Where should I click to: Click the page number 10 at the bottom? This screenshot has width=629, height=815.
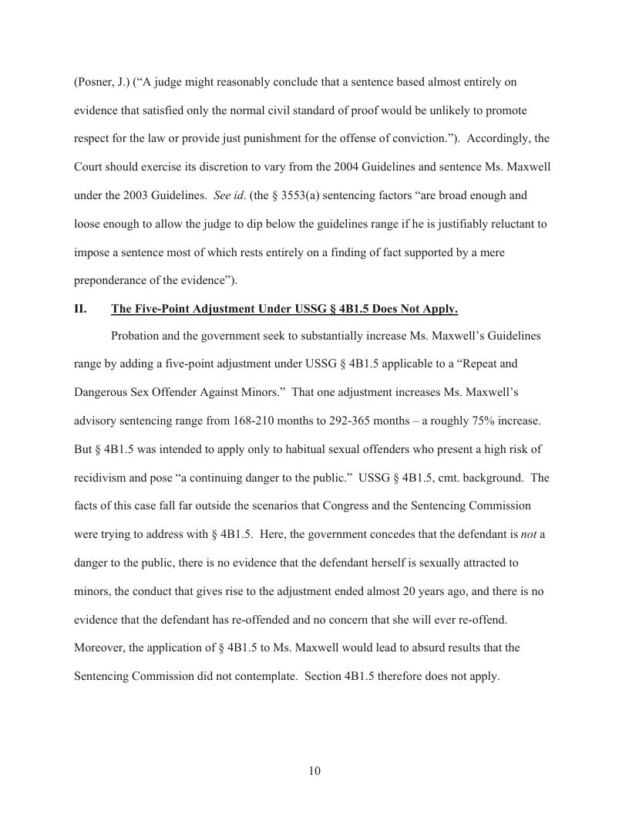314,770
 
